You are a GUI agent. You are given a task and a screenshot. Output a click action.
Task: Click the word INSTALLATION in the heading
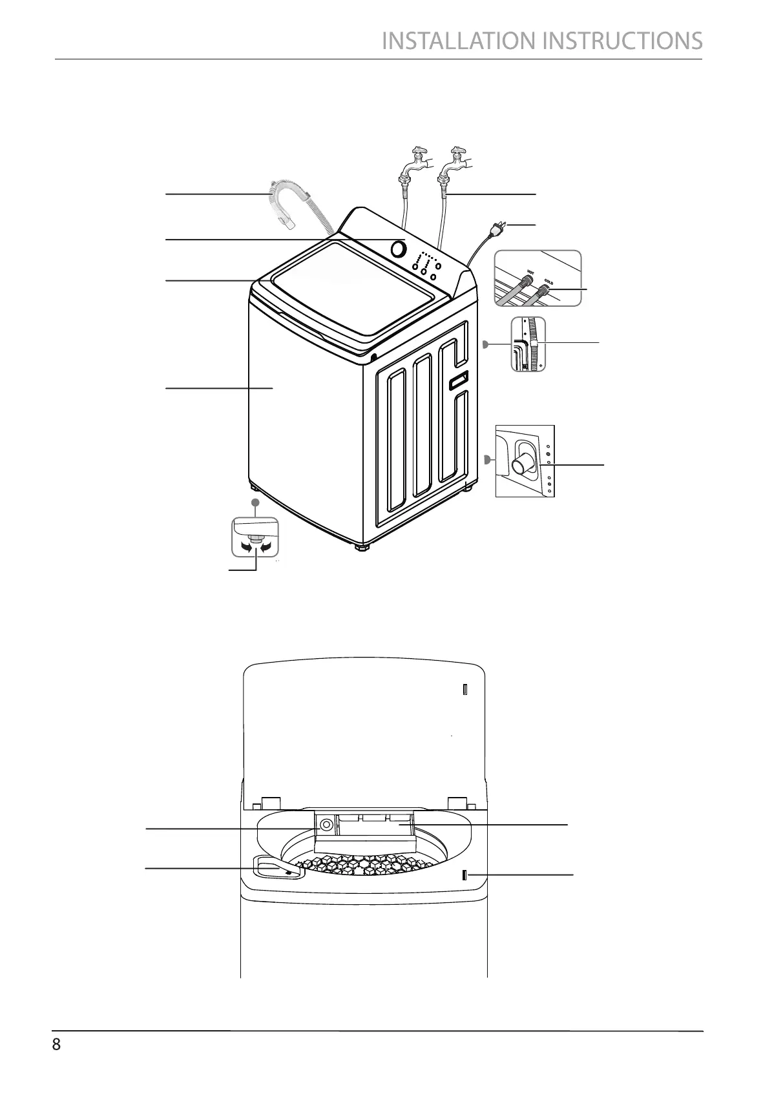[460, 41]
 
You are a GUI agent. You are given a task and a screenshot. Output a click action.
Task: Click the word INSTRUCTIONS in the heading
[622, 41]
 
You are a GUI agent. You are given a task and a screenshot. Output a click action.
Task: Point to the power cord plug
[499, 226]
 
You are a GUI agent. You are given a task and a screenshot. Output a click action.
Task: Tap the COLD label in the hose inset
[548, 282]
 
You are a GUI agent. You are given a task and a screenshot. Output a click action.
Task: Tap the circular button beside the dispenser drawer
[326, 825]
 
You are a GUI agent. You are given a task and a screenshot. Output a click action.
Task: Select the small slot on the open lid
[465, 690]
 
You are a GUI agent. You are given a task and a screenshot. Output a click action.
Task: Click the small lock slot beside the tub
[465, 876]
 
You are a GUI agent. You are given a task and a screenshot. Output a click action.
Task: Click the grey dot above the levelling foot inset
[255, 502]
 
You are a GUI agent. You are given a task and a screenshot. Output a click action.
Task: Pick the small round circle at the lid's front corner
[374, 357]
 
